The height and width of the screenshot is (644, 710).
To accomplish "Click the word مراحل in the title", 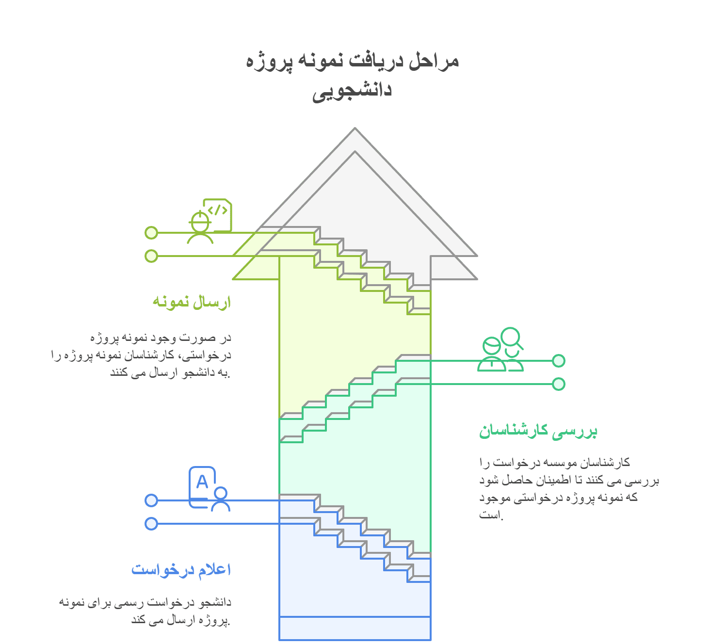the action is click(x=434, y=61).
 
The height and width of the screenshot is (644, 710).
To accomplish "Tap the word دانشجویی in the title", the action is click(x=352, y=91).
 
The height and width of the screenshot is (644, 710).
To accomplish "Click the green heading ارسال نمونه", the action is click(x=192, y=302).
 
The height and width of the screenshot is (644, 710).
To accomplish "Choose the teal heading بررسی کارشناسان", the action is click(x=538, y=431).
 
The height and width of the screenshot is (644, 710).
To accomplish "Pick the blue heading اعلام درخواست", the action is click(x=181, y=569).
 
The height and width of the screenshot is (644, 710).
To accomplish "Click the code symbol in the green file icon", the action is click(x=218, y=210).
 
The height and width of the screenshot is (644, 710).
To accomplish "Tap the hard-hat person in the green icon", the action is click(x=200, y=227).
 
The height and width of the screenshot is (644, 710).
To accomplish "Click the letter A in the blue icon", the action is click(x=202, y=482).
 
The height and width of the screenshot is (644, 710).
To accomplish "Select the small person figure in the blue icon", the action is click(x=221, y=499).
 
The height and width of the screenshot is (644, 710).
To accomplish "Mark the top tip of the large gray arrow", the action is click(x=355, y=128).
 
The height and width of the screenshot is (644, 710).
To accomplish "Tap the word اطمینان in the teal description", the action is click(x=552, y=480).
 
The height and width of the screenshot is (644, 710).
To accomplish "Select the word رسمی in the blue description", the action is click(x=131, y=603).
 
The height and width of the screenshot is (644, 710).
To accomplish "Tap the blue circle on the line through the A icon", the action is click(x=151, y=500).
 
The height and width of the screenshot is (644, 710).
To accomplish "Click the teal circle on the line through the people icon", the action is click(x=559, y=361).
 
